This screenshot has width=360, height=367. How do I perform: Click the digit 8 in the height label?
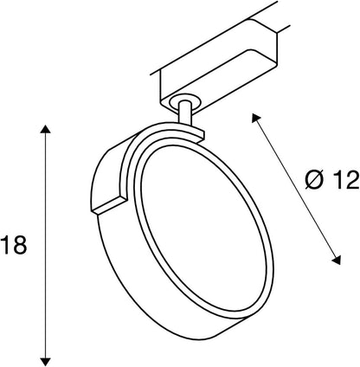click(22, 246)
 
